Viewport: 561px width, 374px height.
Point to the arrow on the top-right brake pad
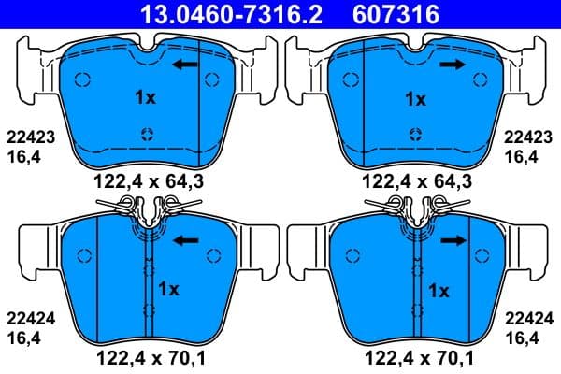click(x=454, y=65)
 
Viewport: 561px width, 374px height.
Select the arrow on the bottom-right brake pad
click(x=454, y=240)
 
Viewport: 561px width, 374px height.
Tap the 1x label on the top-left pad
click(x=144, y=97)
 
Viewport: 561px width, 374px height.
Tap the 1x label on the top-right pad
click(x=415, y=97)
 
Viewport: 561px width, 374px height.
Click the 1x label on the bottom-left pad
click(x=168, y=288)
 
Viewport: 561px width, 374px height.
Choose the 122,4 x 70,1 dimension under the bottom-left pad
click(x=145, y=356)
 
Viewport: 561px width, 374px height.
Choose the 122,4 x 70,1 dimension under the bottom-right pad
click(x=415, y=356)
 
